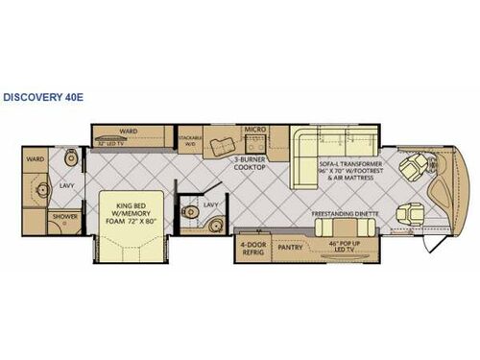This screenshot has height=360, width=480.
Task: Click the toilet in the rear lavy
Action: pyautogui.click(x=66, y=158)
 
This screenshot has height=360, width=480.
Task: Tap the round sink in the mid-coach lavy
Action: pyautogui.click(x=216, y=227)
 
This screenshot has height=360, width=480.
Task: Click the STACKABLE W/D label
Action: pyautogui.click(x=190, y=140)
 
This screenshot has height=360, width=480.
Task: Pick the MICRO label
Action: pyautogui.click(x=254, y=129)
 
